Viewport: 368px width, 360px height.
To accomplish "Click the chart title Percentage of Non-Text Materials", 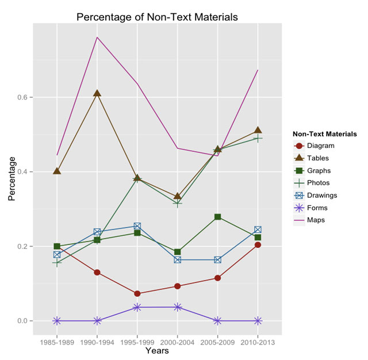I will coord(157,17).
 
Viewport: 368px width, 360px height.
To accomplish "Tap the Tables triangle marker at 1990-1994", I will coord(97,93).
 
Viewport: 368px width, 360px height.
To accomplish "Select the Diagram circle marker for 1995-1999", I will coord(137,293).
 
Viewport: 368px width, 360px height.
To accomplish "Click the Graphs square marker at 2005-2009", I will coord(218,217).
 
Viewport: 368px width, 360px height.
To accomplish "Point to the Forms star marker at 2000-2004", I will coord(178,307).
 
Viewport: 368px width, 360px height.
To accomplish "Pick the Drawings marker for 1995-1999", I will coord(137,227).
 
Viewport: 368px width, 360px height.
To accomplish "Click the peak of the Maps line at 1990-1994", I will coord(97,37).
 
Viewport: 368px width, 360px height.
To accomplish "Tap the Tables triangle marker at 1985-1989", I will coord(57,171).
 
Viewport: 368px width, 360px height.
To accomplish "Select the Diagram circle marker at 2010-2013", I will coord(258,244).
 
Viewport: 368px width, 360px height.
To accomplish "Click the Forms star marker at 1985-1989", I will coord(57,320).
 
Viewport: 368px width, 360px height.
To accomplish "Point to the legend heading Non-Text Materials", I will coord(324,134).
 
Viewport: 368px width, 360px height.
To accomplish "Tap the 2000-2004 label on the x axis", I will coord(178,342).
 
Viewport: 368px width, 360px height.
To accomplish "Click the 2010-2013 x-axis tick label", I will coord(258,342).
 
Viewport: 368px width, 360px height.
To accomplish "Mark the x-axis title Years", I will coord(157,350).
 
